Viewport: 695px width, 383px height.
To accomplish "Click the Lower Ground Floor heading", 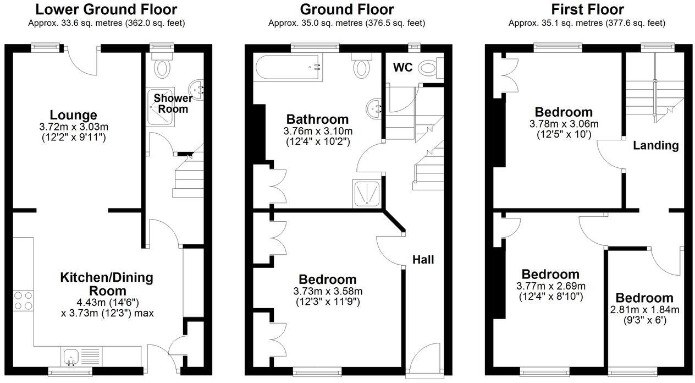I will pos(106,9).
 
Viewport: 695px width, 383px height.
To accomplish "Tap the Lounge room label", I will pos(73,115).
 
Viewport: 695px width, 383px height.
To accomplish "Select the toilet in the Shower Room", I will pos(162,68).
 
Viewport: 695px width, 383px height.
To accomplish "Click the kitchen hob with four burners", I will pos(23,300).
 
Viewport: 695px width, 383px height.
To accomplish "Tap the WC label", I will pos(402,68).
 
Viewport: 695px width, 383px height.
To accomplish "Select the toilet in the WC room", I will pos(429,68).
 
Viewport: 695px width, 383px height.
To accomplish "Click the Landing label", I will pos(655,145).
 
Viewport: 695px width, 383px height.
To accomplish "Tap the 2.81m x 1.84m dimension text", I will pos(644,309).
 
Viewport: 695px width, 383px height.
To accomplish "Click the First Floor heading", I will pos(587,9).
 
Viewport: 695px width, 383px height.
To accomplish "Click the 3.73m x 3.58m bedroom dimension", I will pos(327,291).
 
